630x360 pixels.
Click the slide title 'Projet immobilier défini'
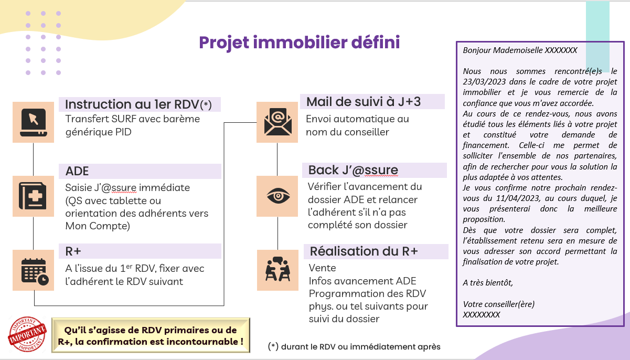pos(299,43)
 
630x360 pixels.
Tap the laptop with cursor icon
pos(34,122)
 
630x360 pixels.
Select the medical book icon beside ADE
pos(33,196)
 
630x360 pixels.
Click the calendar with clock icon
pos(35,271)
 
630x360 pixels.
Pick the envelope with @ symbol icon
pos(277,122)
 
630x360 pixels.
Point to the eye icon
pos(278,196)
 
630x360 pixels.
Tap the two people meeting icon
pos(277,269)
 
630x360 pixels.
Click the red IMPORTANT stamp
pos(27,334)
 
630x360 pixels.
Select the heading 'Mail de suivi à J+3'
pos(364,102)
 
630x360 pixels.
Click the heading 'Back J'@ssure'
pos(353,170)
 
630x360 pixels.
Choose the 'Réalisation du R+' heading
pos(364,251)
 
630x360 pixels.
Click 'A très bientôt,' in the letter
pos(488,282)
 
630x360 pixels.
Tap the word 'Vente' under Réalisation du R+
pos(322,268)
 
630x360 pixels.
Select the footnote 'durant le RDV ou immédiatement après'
pos(360,346)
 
